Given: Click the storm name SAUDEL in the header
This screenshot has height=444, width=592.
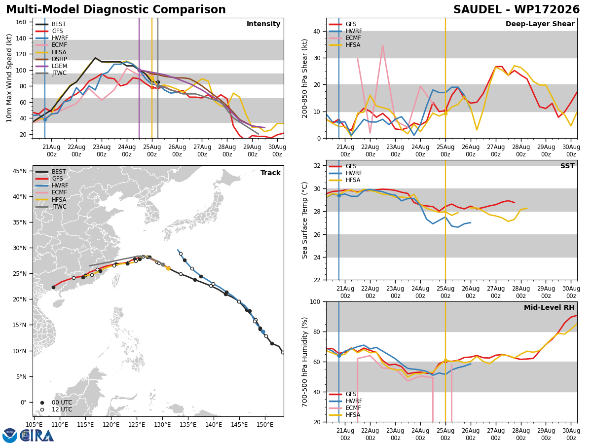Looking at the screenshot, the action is tap(477, 9).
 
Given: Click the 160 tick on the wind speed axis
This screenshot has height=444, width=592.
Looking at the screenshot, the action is tap(21, 22).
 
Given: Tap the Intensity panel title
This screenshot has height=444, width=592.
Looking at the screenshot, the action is tap(263, 24).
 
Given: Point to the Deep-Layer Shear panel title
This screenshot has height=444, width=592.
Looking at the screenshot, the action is tap(540, 24).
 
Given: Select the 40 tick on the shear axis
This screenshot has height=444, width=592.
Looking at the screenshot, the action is tap(317, 31).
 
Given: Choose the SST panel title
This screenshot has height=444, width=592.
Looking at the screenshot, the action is tap(567, 166).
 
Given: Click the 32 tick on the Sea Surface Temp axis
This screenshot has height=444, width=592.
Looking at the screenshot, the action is tap(317, 166).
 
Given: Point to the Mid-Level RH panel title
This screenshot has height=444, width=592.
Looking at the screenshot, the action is tap(549, 307).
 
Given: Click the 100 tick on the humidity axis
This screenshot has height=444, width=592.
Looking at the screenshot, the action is tap(315, 301).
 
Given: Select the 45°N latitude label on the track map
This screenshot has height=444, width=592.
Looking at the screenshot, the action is tap(20, 171).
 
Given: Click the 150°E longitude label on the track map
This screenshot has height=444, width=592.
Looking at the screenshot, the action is tap(265, 425).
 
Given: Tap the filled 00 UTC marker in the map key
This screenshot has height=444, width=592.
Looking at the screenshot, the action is tap(42, 403).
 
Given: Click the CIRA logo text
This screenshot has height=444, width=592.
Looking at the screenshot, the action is tap(37, 436).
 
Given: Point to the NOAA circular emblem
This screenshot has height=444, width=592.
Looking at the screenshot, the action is tap(10, 436).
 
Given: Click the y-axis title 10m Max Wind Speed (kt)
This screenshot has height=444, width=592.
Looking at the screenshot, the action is tap(9, 78).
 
